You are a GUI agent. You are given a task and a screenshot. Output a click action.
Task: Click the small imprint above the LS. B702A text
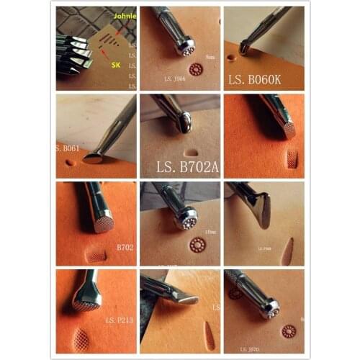coord(191,152)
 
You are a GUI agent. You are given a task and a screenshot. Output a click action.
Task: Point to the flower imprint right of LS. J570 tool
coord(289,332)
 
